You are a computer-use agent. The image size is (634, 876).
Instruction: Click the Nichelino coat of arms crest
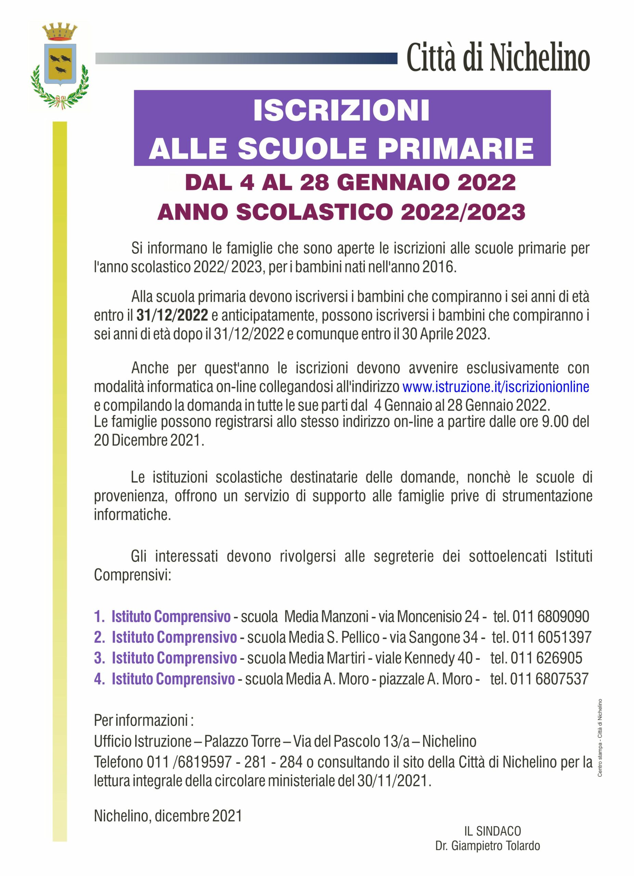(60, 64)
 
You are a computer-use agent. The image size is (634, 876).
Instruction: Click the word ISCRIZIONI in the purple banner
(341, 111)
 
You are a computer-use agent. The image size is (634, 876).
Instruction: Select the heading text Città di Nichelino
(498, 58)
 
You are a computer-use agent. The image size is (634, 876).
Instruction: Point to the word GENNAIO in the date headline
(387, 182)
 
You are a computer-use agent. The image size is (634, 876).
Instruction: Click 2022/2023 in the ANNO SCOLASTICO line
(463, 212)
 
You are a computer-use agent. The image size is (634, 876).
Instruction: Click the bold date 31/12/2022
(172, 315)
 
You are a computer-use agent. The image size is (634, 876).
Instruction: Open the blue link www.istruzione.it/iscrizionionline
(495, 387)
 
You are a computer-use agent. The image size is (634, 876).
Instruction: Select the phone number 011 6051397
(552, 637)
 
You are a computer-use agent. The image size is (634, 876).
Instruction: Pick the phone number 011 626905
(546, 658)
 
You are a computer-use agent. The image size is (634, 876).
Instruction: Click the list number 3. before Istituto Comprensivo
(99, 658)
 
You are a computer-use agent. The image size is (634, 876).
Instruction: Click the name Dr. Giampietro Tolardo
(487, 846)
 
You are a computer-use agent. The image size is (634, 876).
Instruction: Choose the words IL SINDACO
(492, 831)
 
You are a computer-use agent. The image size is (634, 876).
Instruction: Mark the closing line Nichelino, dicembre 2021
(168, 816)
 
